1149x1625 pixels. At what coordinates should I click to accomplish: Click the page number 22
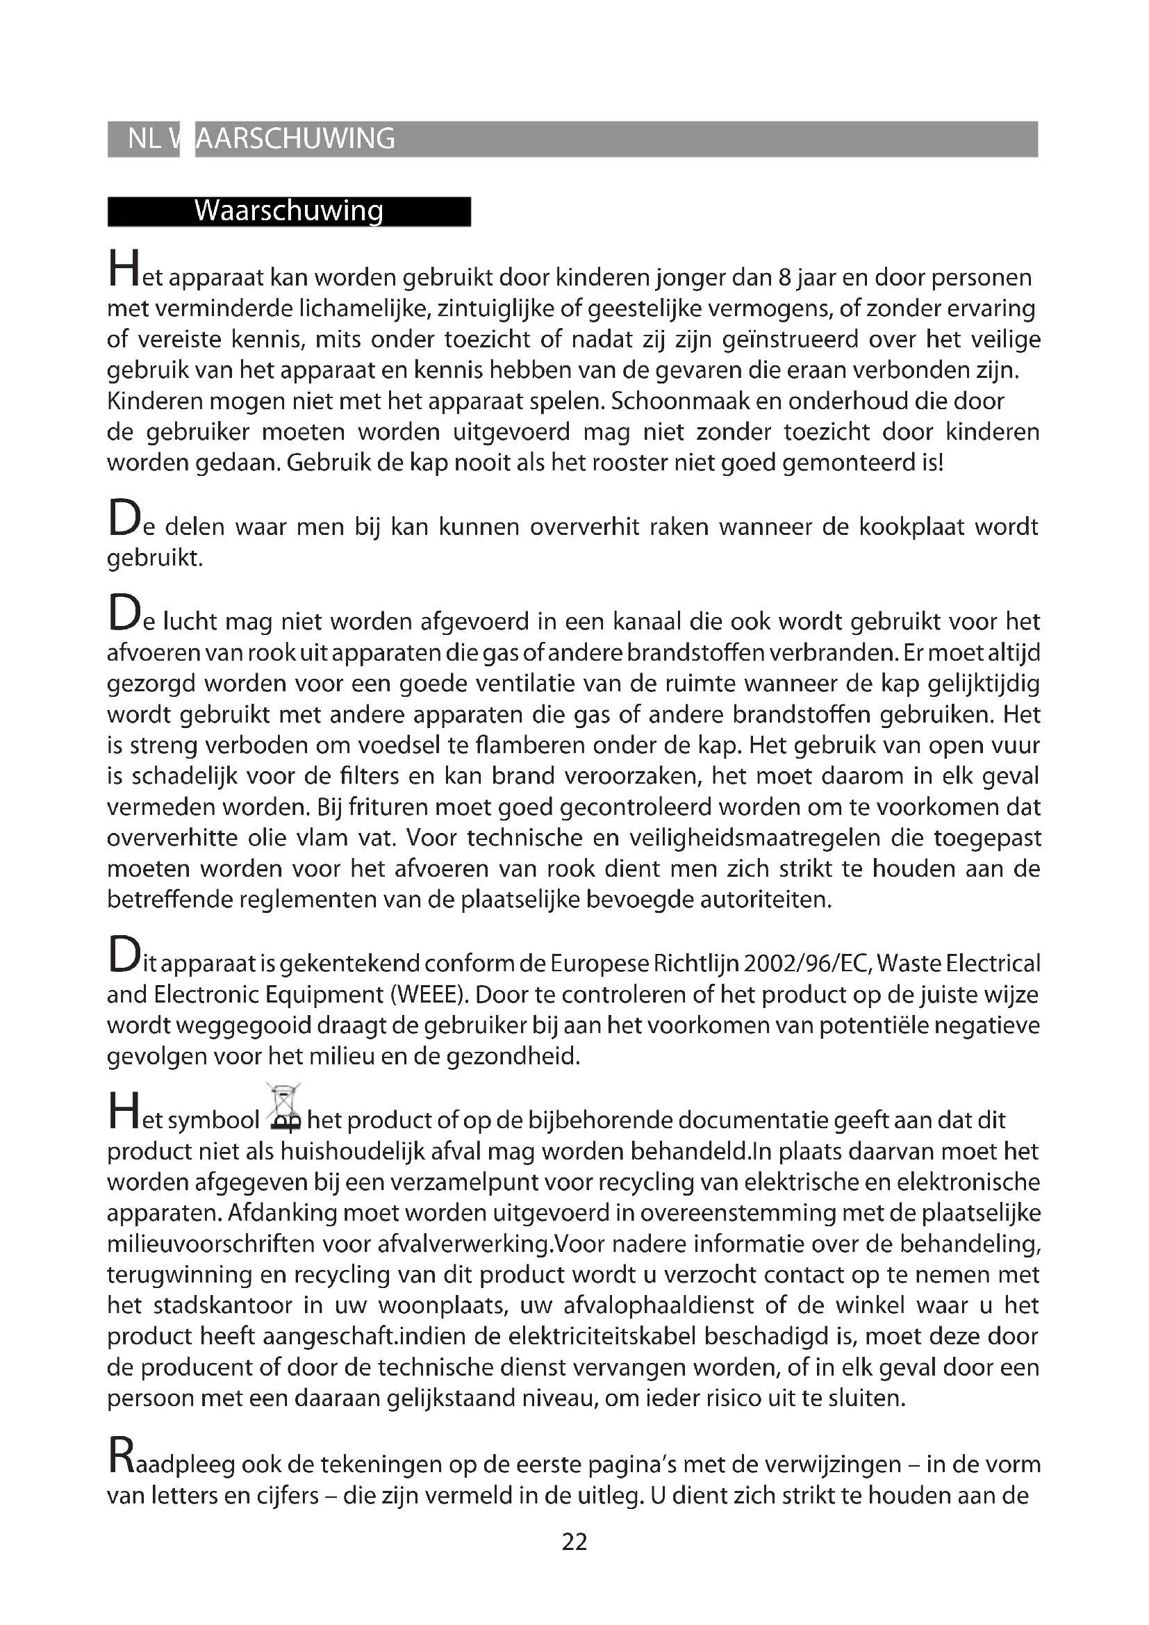[x=574, y=1541]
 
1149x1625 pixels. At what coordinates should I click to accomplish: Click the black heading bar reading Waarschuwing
[x=289, y=211]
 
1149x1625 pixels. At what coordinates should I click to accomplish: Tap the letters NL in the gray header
[x=144, y=139]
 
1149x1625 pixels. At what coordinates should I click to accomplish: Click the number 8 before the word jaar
[x=784, y=277]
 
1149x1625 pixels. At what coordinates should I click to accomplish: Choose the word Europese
[x=600, y=964]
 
